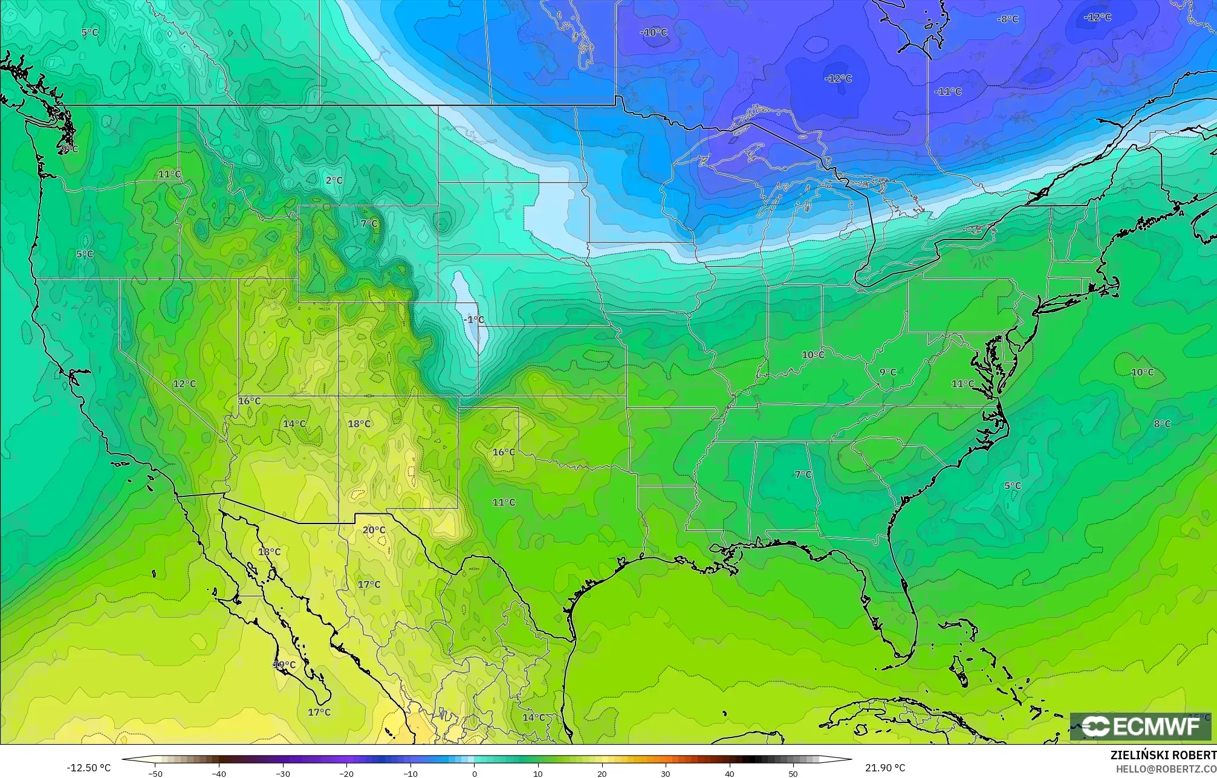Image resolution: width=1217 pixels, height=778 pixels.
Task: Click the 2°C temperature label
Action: point(334,180)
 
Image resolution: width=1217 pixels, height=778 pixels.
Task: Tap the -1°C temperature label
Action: point(473,319)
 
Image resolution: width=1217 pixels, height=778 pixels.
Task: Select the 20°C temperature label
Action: point(374,530)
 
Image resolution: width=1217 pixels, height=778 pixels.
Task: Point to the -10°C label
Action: point(654,32)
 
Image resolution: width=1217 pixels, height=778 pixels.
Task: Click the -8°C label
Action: point(1007,19)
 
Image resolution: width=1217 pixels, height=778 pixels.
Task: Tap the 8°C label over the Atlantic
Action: point(1162,424)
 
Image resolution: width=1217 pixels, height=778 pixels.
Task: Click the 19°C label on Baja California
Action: point(284,664)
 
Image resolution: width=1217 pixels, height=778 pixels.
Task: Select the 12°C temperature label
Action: point(184,384)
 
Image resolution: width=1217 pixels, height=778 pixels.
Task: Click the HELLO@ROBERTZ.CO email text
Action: point(1166,769)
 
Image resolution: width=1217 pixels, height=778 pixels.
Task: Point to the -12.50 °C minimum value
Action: point(88,768)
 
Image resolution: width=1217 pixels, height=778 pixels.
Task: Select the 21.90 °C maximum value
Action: point(885,768)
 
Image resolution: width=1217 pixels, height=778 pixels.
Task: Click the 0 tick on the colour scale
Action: point(475,773)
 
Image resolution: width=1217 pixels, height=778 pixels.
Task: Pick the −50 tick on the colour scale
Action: point(155,773)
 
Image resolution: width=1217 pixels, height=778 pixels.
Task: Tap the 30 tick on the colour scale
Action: point(666,773)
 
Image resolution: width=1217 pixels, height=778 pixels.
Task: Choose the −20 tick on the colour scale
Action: point(346,773)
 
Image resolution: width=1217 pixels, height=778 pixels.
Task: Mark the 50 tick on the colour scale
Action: point(793,773)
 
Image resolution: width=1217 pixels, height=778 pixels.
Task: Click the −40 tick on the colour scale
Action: point(219,773)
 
